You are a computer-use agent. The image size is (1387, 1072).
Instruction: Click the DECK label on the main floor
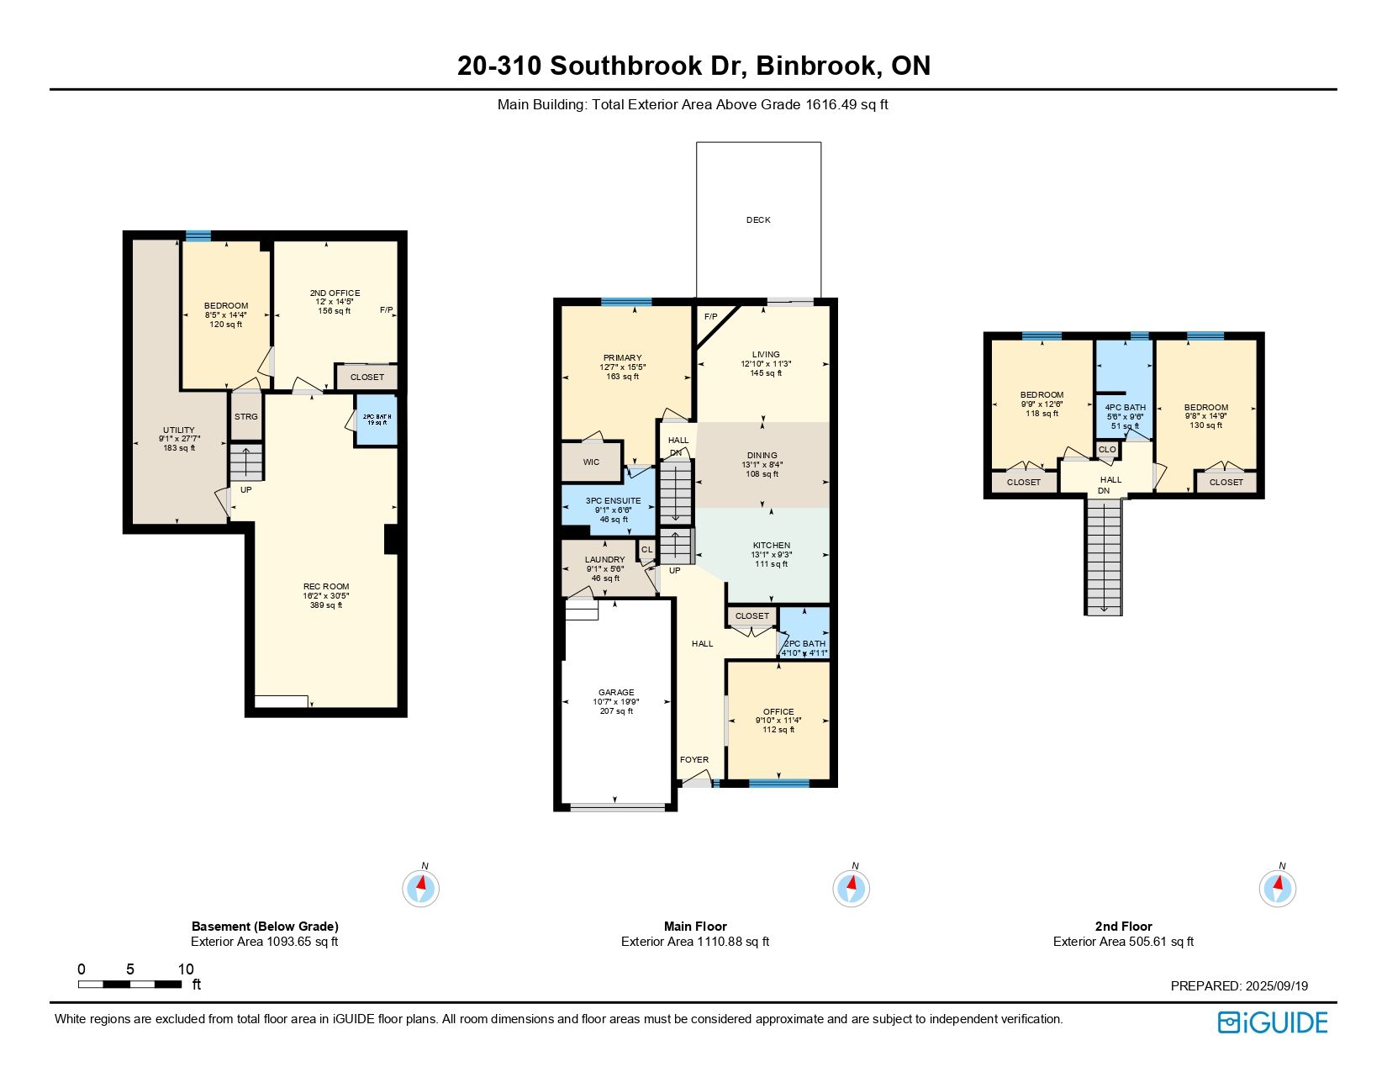[758, 219]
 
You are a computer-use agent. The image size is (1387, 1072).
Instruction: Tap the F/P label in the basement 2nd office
[386, 310]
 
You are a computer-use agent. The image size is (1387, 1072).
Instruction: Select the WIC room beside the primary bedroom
[591, 461]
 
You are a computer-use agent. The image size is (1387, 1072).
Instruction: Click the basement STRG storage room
[246, 416]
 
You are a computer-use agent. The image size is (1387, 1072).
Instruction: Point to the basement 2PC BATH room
[377, 420]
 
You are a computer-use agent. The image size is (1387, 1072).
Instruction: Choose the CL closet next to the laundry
[646, 549]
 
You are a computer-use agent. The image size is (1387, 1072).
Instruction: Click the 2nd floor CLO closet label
[1107, 449]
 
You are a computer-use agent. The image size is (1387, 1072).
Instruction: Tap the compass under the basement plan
[420, 888]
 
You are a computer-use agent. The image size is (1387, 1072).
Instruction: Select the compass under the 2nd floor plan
[1277, 888]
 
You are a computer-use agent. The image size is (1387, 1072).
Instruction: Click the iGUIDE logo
[1272, 1022]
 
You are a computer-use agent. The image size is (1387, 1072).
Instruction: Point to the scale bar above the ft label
[129, 984]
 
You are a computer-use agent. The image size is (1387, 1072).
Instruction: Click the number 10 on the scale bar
[186, 969]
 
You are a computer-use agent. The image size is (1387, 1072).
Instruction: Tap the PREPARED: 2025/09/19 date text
[1239, 985]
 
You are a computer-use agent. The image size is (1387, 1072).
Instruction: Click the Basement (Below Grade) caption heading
[265, 926]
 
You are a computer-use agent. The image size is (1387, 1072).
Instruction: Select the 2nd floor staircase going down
[1104, 557]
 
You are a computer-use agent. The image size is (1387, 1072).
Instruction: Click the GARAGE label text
[616, 692]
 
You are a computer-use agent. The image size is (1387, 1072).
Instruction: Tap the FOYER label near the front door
[693, 760]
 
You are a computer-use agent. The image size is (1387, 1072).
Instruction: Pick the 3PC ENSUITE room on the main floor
[609, 510]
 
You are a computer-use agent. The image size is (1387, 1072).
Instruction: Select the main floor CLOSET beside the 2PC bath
[752, 616]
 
